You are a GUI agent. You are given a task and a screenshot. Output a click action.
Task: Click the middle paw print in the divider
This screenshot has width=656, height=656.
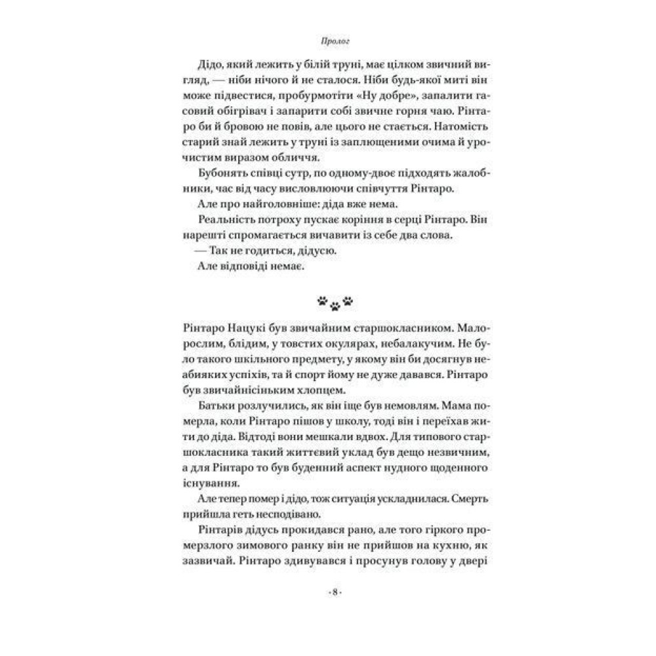(335, 304)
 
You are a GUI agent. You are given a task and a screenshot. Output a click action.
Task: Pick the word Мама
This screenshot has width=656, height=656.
(436, 407)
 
